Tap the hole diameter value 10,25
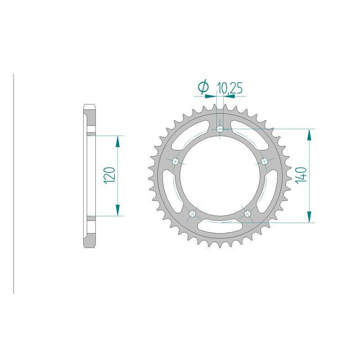(x=230, y=88)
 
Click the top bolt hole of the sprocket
(x=220, y=129)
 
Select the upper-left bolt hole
(x=175, y=161)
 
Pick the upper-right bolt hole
(x=264, y=161)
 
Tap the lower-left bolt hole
(x=193, y=213)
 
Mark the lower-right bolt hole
(x=247, y=213)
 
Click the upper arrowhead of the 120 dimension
(x=118, y=141)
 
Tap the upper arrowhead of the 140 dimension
(x=309, y=135)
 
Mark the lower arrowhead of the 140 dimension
(x=309, y=216)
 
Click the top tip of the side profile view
(x=89, y=106)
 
